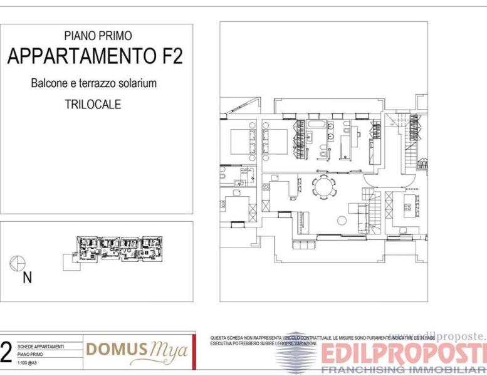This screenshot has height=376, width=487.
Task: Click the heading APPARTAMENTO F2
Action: (95, 56)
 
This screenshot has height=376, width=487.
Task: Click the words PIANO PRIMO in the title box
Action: (98, 36)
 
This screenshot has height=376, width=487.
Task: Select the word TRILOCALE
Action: (93, 105)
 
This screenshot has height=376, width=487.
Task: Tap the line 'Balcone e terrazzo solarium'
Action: (93, 83)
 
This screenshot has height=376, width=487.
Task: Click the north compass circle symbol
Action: (18, 263)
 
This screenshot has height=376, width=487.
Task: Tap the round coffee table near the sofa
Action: (342, 220)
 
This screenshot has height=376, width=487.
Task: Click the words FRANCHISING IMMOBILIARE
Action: (404, 370)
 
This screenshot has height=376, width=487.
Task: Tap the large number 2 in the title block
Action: (6, 353)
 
